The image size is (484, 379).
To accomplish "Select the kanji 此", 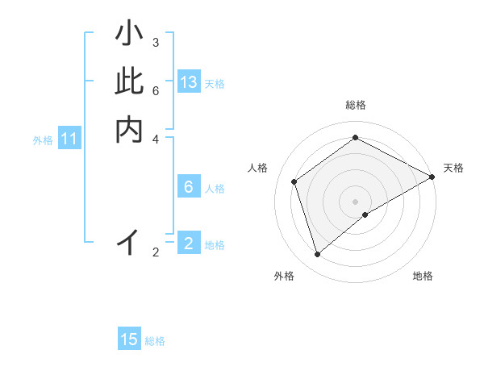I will pyautogui.click(x=129, y=81).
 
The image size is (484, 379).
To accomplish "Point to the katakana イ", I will pyautogui.click(x=129, y=241).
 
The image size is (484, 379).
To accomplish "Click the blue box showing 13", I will pyautogui.click(x=189, y=82).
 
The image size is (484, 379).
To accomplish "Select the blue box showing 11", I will pyautogui.click(x=69, y=140).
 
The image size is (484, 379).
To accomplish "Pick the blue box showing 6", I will pyautogui.click(x=189, y=187).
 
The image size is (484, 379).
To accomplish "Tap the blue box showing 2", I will pyautogui.click(x=189, y=243).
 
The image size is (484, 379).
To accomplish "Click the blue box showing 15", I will pyautogui.click(x=129, y=339).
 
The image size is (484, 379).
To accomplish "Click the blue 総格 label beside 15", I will pyautogui.click(x=155, y=341).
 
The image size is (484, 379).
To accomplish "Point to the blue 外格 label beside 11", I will pyautogui.click(x=43, y=140).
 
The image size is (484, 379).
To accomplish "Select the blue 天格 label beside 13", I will pyautogui.click(x=215, y=84).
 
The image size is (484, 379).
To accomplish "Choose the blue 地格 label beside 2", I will pyautogui.click(x=215, y=244).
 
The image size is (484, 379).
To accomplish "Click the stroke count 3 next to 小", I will pyautogui.click(x=156, y=42).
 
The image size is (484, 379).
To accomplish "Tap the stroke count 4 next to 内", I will pyautogui.click(x=156, y=139).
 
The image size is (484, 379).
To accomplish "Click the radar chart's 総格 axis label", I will pyautogui.click(x=356, y=105).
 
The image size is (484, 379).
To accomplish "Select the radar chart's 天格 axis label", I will pyautogui.click(x=453, y=168).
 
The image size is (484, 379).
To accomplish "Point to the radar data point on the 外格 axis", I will pyautogui.click(x=317, y=255).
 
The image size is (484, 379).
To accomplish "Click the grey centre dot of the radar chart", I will pyautogui.click(x=356, y=201).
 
